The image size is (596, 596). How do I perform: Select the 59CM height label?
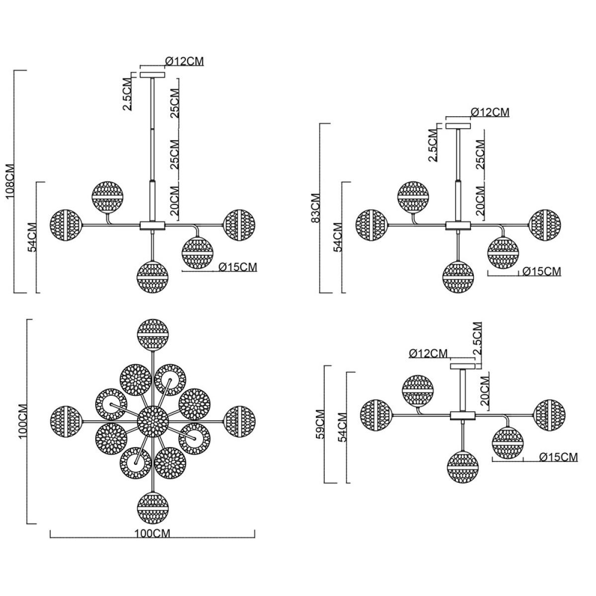[320, 425]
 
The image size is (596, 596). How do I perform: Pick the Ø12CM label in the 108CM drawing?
[185, 61]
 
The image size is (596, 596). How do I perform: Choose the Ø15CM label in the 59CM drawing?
[559, 457]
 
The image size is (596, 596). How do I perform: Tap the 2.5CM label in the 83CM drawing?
[433, 146]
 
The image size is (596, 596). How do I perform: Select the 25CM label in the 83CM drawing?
[480, 154]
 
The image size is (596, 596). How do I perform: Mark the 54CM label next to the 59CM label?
[342, 427]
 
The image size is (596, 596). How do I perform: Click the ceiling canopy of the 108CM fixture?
[152, 75]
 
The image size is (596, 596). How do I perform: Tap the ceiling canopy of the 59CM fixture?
[462, 367]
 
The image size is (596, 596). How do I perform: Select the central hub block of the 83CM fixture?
[458, 225]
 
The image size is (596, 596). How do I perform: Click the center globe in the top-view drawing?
[153, 422]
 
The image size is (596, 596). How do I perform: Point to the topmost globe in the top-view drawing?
[153, 335]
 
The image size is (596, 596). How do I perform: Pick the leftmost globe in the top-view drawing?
[66, 422]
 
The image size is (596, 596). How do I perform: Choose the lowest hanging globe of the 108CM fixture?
[152, 277]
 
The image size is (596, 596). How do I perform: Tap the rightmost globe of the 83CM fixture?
[545, 225]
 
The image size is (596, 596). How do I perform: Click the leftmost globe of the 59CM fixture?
[376, 415]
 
